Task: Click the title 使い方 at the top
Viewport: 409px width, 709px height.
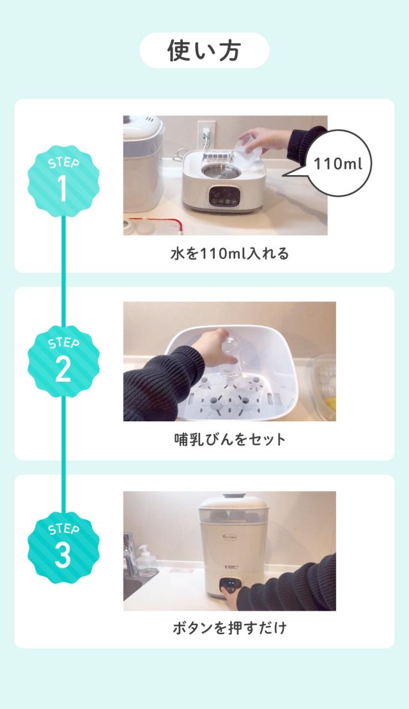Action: click(204, 51)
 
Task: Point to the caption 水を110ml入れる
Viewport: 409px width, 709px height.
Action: click(229, 254)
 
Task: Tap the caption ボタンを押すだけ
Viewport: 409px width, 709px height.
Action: click(229, 628)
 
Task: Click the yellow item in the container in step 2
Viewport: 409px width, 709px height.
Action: click(328, 403)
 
